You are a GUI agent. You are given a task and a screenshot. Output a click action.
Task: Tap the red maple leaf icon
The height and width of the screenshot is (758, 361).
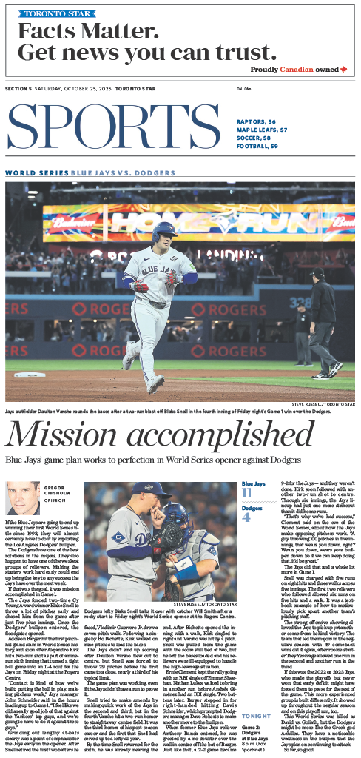tap(343, 69)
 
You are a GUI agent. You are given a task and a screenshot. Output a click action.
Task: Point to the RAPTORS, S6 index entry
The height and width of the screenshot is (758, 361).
tap(257, 121)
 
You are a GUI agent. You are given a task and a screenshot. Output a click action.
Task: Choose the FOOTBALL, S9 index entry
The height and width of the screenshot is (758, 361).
tap(257, 145)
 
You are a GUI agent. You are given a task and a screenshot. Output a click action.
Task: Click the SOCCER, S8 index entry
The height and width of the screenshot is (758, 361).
tap(254, 137)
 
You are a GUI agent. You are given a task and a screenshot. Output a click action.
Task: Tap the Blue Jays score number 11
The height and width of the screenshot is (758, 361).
tap(247, 494)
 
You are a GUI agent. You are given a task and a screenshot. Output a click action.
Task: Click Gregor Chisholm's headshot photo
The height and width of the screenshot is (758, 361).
tap(23, 498)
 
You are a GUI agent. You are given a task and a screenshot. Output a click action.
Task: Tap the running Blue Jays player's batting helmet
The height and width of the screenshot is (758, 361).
tap(163, 231)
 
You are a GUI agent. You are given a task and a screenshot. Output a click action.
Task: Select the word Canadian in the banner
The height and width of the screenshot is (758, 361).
tap(297, 70)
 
